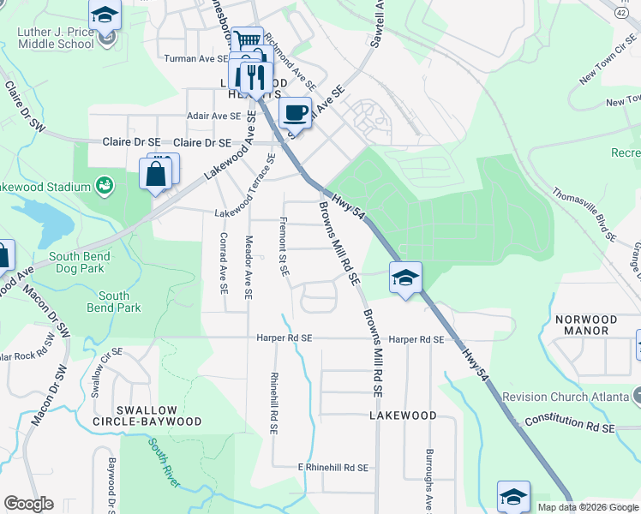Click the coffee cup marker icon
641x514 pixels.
(295, 112)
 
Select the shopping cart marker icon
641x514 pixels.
(247, 40)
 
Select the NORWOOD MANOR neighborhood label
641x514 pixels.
(586, 325)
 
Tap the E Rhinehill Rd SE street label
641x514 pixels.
(332, 468)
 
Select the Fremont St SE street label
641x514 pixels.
(282, 246)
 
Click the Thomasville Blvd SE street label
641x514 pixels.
(584, 214)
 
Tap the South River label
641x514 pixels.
(163, 463)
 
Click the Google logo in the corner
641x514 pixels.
(28, 504)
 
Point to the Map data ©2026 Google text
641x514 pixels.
(587, 507)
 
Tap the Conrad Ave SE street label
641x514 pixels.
(223, 264)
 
